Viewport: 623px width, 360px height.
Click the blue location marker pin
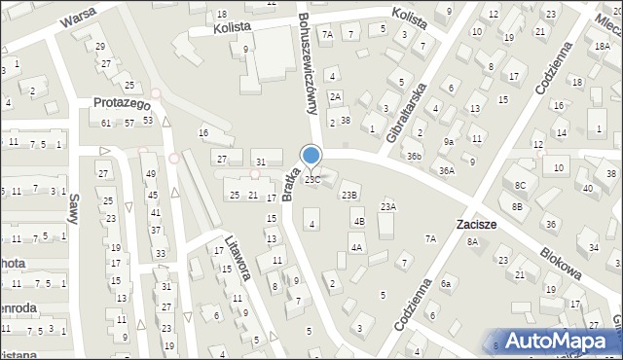tap(311, 156)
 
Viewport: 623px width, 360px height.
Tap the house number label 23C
tap(312, 180)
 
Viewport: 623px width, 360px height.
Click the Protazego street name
tap(120, 103)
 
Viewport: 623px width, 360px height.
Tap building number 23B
tap(348, 196)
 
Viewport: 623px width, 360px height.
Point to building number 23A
tap(387, 206)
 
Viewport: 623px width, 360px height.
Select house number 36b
tap(415, 156)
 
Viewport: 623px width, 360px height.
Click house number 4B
tap(358, 222)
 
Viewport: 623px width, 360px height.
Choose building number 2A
tap(335, 96)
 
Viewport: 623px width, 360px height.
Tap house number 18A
tap(603, 46)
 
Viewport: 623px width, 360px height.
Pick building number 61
tap(106, 123)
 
